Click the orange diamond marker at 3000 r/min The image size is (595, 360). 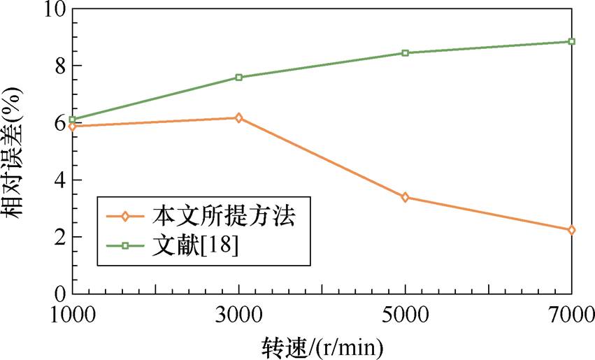tap(239, 117)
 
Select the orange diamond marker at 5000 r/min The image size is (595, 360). tap(406, 197)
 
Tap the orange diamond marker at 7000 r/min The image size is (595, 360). tap(572, 230)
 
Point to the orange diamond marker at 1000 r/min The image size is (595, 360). tap(73, 126)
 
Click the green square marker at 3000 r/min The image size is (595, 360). tap(239, 78)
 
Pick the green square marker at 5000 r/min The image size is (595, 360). tap(406, 53)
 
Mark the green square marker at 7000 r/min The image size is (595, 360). tap(572, 41)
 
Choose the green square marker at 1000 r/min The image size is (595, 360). tap(73, 120)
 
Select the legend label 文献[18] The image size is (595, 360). tap(195, 245)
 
